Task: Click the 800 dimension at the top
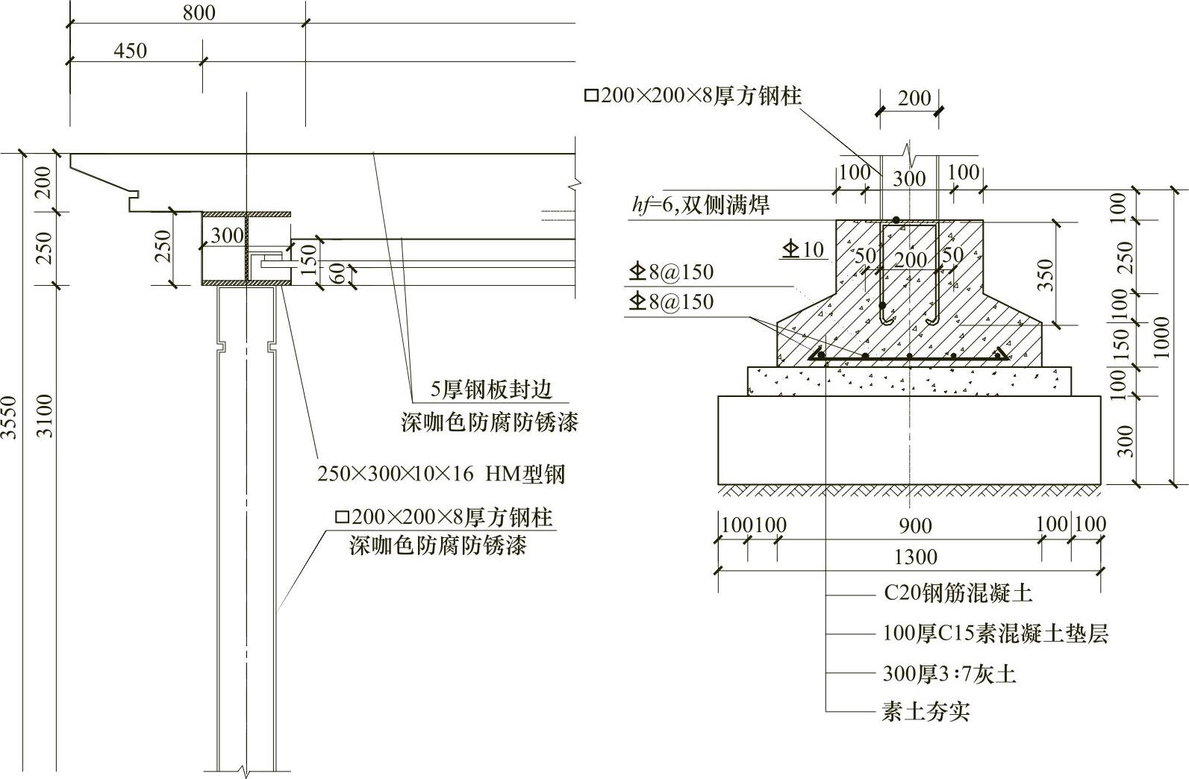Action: (199, 13)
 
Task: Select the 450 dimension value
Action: (130, 51)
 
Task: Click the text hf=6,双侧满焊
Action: (700, 204)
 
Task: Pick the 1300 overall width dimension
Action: (914, 557)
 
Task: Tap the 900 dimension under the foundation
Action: (914, 526)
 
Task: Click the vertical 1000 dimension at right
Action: (1161, 337)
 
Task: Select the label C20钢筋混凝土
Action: (958, 594)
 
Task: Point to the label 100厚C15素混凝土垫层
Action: (995, 633)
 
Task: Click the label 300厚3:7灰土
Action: (949, 674)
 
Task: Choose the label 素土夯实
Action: (926, 711)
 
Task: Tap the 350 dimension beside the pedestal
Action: (1046, 274)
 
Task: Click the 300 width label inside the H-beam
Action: (227, 236)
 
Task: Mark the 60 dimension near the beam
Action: (337, 274)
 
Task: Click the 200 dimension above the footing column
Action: (914, 98)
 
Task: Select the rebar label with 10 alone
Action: (803, 249)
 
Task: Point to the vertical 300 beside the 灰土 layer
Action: (1126, 439)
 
